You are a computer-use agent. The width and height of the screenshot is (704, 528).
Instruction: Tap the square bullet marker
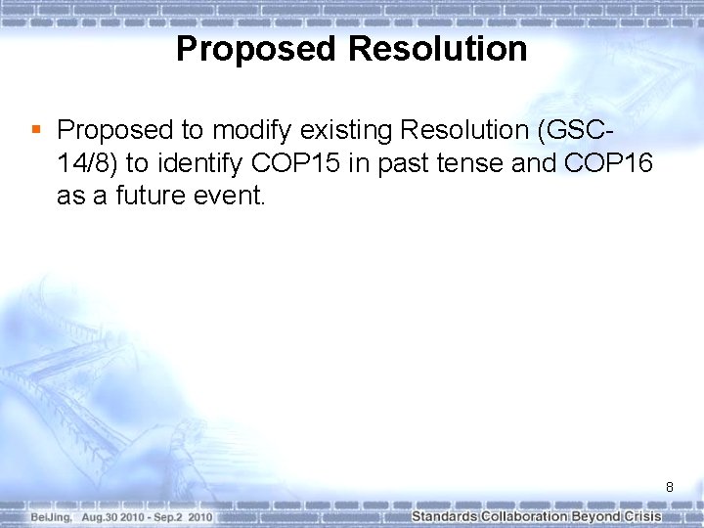coord(35,129)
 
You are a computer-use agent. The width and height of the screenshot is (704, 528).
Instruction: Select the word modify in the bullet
coord(244,130)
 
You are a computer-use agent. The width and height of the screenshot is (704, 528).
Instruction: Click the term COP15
coord(301,163)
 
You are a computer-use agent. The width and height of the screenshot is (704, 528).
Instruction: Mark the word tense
coord(470,163)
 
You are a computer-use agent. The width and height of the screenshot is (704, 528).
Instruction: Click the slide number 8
coord(670,487)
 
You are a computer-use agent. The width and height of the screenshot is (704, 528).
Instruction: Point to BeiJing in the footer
coord(50,516)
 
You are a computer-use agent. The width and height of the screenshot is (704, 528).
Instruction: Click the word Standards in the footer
coord(444,516)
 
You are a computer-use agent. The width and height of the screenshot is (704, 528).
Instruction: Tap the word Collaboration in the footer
coord(524,516)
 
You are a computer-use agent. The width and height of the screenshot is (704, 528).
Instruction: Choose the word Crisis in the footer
coord(642,516)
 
